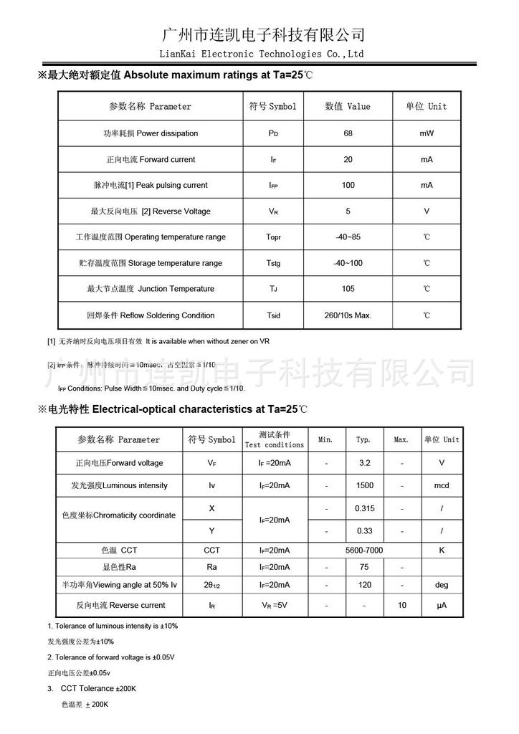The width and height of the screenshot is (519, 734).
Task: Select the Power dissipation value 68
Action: tap(348, 133)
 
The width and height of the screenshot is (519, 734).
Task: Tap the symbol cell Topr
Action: tap(274, 237)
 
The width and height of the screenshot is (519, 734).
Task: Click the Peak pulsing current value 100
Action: tap(348, 185)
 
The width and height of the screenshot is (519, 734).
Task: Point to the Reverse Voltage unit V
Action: tap(427, 211)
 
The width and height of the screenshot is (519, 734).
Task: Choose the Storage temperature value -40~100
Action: tap(348, 263)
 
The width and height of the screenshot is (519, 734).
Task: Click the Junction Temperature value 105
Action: tap(348, 289)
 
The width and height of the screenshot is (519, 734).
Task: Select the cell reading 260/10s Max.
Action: tap(349, 315)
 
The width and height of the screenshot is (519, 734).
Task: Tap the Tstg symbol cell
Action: tap(274, 263)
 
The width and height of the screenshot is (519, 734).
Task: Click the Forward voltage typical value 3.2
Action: tap(364, 463)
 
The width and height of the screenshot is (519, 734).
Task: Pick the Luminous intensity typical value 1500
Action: tap(364, 485)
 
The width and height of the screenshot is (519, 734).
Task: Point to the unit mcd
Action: tap(442, 485)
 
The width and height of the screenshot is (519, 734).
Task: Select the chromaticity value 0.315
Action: tap(364, 508)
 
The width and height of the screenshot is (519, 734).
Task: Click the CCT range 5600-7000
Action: tap(364, 550)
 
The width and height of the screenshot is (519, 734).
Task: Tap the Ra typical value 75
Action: tap(364, 567)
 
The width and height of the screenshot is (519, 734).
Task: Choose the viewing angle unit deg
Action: tap(442, 585)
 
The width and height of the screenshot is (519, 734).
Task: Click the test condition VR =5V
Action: tap(274, 605)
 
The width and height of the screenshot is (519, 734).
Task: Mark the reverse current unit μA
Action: tap(442, 606)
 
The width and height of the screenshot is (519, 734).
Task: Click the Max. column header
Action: tap(401, 439)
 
